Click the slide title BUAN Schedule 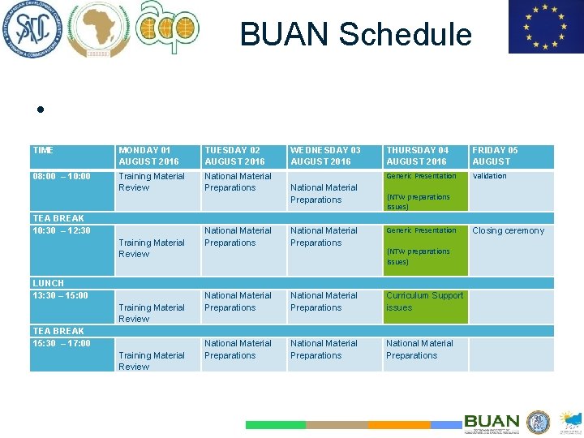[355, 34]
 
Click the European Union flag [545, 27]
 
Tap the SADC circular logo [30, 29]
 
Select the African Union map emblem [97, 29]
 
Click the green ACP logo [167, 28]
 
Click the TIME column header [43, 151]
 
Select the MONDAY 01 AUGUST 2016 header [148, 156]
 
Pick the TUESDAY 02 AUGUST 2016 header [234, 156]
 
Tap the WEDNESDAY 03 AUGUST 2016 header [325, 156]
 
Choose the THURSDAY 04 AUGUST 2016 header [417, 156]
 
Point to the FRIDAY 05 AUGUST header [495, 156]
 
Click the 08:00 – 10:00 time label [62, 176]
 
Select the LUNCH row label [49, 283]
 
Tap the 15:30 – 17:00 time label [62, 343]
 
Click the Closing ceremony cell [508, 231]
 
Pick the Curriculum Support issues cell [424, 302]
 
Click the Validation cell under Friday [489, 176]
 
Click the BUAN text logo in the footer [492, 422]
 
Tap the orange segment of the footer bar [398, 424]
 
